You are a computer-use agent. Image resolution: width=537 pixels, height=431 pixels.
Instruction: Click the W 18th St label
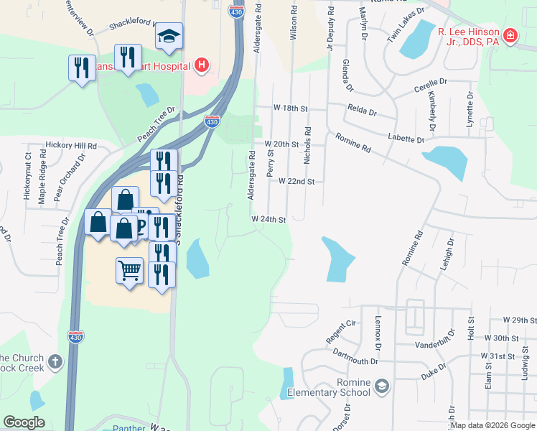[x=290, y=108]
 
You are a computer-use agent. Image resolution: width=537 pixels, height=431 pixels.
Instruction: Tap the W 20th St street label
[x=281, y=144]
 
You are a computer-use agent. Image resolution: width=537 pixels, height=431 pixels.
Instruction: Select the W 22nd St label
[x=296, y=182]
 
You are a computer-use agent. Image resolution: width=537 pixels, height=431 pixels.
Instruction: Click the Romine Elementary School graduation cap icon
[x=381, y=387]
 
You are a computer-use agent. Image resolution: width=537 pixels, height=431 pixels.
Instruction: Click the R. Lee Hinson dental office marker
[x=510, y=35]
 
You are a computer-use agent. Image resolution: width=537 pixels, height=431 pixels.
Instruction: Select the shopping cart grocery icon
[x=129, y=271]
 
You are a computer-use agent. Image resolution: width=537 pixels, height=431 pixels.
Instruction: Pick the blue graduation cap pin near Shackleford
[x=169, y=36]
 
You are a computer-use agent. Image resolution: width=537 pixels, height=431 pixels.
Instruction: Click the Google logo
[x=24, y=422]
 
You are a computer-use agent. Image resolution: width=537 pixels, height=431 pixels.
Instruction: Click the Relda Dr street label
[x=362, y=111]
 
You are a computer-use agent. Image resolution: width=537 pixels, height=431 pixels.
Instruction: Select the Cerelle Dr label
[x=431, y=90]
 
